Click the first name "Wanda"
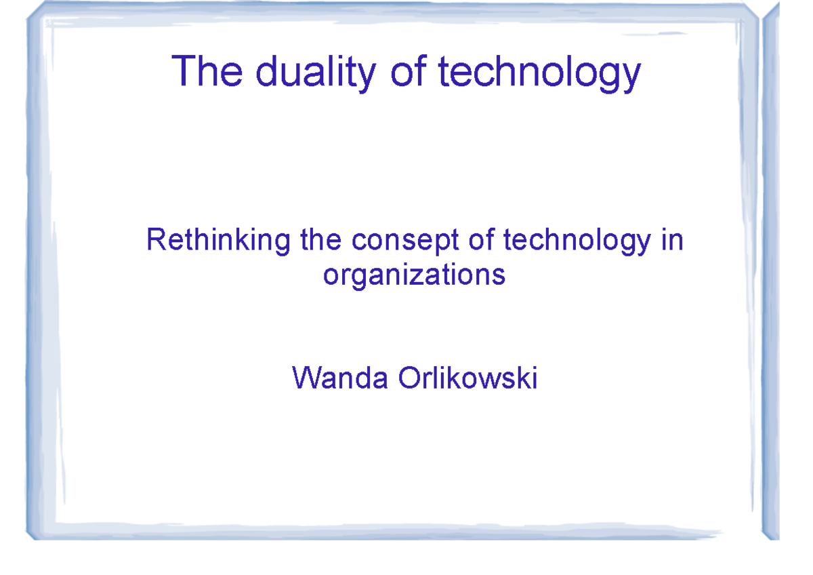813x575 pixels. [x=340, y=378]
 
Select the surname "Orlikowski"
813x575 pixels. [x=468, y=378]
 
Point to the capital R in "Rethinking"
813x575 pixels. [x=155, y=241]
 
